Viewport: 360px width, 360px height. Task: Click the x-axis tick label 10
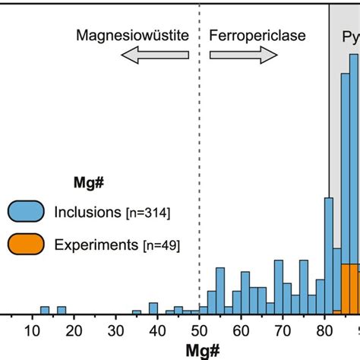click(32, 331)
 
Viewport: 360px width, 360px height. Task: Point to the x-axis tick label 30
click(115, 331)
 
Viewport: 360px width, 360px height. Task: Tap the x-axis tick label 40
click(157, 331)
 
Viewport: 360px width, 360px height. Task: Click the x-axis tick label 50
click(199, 331)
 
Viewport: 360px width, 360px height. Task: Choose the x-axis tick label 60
click(241, 331)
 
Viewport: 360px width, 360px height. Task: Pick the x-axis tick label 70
click(283, 331)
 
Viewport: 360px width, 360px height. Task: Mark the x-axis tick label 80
click(324, 331)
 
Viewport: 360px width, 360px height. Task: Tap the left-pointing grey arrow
click(152, 55)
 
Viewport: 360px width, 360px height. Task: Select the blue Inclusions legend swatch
click(28, 212)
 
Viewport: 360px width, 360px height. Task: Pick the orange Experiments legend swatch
click(28, 244)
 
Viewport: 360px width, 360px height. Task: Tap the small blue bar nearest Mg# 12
click(44, 310)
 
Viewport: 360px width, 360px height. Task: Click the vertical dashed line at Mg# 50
click(199, 152)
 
